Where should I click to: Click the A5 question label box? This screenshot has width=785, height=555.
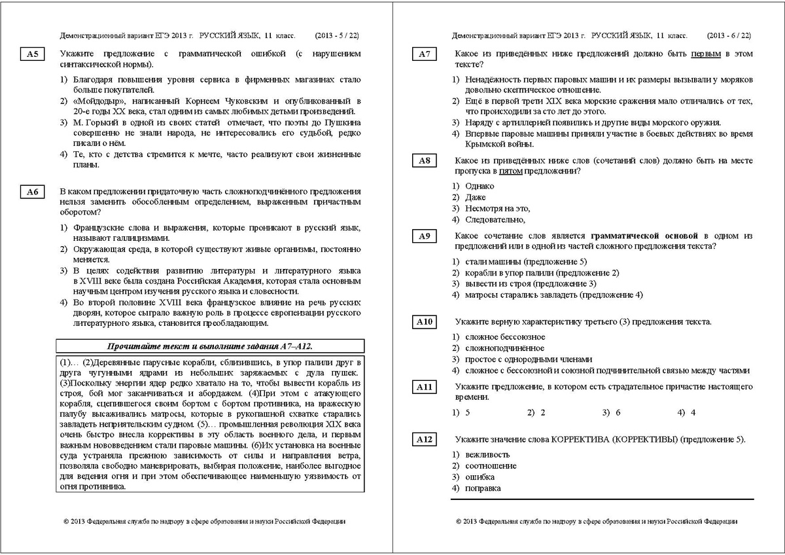pos(33,55)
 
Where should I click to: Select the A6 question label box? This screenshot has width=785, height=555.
pos(33,192)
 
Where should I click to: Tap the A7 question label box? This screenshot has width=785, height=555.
pos(425,55)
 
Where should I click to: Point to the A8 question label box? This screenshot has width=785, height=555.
pos(425,161)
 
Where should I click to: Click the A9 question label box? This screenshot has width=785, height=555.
pos(425,236)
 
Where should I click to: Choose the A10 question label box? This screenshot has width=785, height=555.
pos(425,322)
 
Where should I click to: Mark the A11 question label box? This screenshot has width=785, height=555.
pos(425,387)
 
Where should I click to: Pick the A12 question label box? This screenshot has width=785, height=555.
pos(425,440)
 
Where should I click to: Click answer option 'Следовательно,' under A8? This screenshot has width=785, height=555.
pos(495,219)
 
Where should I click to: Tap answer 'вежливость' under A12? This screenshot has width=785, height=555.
pos(487,455)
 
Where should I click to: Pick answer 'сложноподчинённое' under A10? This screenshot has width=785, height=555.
pos(504,348)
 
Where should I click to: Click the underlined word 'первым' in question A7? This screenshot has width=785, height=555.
pos(706,54)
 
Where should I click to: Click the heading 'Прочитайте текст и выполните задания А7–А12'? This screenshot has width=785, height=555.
pos(210,346)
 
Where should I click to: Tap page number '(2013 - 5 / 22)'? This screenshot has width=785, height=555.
pos(336,35)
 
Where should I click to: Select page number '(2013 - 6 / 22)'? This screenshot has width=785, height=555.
pos(729,35)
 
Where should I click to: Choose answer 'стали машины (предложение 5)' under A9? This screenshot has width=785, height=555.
pos(521,261)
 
